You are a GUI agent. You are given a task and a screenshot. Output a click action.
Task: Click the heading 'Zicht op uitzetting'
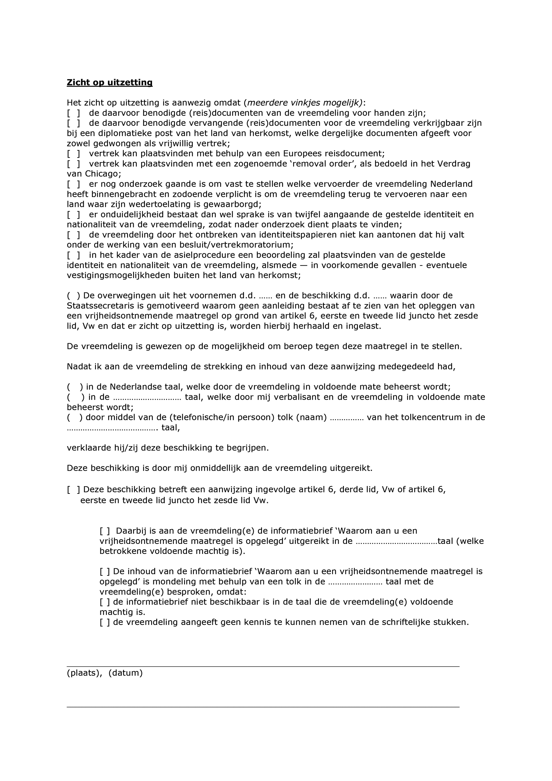(110, 82)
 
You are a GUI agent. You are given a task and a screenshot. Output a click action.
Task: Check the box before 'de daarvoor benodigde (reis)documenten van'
(74, 113)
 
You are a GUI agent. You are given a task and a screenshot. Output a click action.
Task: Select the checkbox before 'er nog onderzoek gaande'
(74, 184)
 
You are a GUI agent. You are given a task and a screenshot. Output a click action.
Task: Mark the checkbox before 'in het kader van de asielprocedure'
(74, 255)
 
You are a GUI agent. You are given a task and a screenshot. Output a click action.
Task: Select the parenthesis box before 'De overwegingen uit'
(74, 296)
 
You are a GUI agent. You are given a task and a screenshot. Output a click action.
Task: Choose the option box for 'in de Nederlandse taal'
(75, 387)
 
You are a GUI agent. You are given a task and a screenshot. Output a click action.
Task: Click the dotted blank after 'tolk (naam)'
(347, 418)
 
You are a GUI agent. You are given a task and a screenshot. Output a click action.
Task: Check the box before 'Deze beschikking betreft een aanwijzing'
(74, 490)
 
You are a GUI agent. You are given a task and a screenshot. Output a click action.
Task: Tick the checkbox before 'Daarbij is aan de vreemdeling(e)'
(105, 531)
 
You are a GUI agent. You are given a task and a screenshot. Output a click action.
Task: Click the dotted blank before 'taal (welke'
(396, 541)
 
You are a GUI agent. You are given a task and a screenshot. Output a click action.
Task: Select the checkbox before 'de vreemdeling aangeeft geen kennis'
(105, 622)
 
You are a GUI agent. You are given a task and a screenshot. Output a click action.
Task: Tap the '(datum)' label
(126, 673)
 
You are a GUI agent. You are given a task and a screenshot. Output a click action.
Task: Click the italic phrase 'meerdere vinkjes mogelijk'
(303, 103)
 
